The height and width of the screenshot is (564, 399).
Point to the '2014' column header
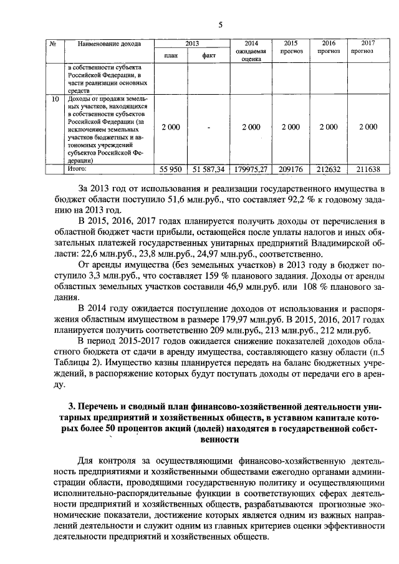[251, 43]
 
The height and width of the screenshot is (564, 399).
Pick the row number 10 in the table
[55, 99]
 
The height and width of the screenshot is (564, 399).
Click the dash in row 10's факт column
[209, 127]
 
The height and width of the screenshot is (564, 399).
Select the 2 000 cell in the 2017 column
[368, 127]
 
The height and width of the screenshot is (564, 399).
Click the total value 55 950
[170, 169]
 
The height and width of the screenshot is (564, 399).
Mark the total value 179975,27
[251, 169]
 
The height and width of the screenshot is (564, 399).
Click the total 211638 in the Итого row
[368, 169]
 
